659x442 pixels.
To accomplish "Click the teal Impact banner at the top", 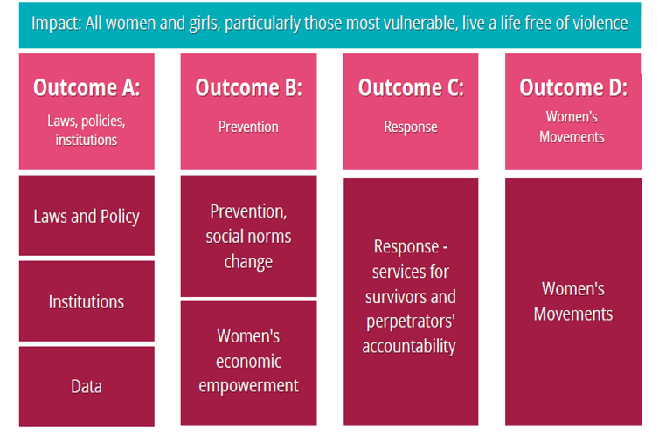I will click(329, 24).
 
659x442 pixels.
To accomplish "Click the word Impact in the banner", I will click(55, 24).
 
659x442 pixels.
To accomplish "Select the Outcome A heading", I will click(87, 87).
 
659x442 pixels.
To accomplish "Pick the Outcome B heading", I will click(248, 87).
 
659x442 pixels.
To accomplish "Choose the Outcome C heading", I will click(411, 87).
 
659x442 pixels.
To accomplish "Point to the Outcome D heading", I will click(572, 87).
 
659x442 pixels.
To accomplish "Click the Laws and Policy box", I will click(87, 217).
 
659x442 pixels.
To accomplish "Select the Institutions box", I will click(87, 301).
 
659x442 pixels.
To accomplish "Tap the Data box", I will click(87, 386).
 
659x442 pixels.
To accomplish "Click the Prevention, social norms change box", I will click(248, 237).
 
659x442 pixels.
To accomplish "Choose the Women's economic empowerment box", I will click(248, 361).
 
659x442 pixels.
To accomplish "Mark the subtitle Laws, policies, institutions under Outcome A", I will click(87, 129).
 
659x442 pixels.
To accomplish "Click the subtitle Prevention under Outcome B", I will click(248, 127).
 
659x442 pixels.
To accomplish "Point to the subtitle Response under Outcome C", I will click(411, 127).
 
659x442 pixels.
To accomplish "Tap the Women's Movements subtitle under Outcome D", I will click(572, 127).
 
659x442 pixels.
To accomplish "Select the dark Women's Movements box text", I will click(572, 301).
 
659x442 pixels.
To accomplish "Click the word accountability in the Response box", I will click(409, 347).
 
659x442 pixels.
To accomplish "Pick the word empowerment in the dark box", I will click(248, 385).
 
